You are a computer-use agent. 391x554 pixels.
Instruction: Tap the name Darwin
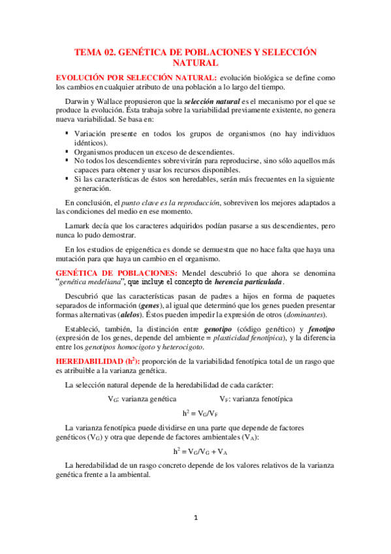point(78,103)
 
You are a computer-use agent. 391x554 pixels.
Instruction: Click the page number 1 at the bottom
point(195,519)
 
